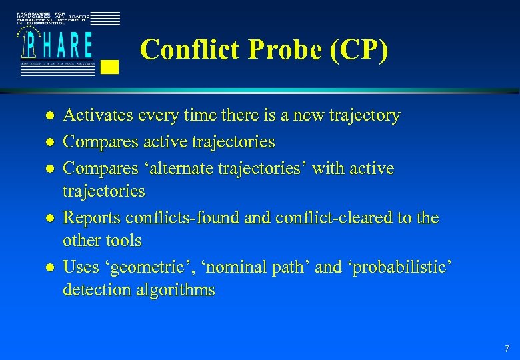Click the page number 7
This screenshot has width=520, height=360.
tap(507, 348)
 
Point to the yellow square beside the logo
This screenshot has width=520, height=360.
tap(111, 66)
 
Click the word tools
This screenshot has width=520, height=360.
tap(124, 240)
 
